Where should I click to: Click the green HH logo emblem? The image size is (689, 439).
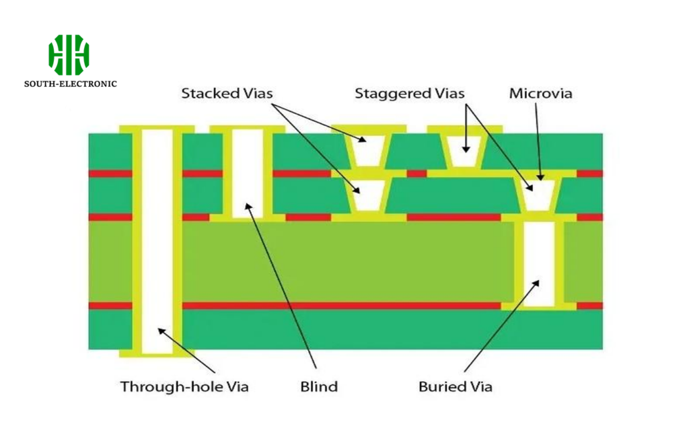coord(69,55)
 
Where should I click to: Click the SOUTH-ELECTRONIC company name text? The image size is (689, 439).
coord(71,84)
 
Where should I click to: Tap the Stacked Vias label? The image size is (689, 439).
coord(227,94)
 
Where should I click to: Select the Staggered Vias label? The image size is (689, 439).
coord(409,94)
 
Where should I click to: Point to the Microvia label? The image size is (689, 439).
coord(540,94)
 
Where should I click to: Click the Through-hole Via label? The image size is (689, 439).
coord(184,387)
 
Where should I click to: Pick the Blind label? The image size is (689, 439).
coord(318,387)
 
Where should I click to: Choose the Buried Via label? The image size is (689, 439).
coord(455,387)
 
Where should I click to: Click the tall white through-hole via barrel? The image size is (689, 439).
coord(157,242)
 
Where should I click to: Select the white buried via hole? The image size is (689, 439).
coord(538,263)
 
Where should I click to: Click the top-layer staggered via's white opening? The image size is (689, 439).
coord(464,151)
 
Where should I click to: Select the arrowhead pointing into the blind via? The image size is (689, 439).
coord(248,206)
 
